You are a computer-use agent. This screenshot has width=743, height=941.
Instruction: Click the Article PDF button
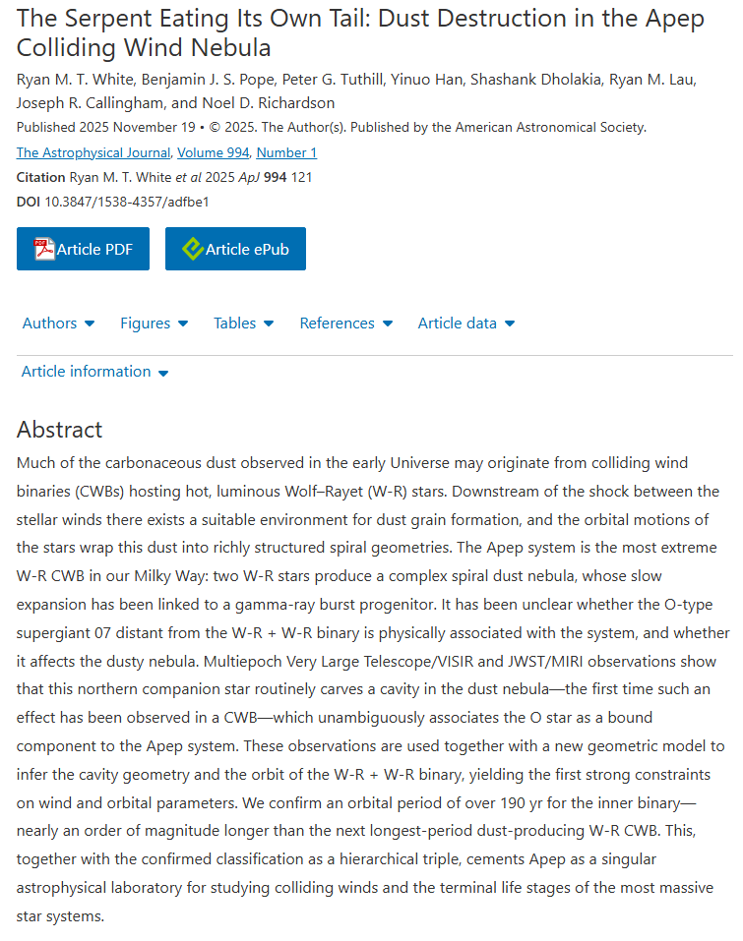pyautogui.click(x=83, y=249)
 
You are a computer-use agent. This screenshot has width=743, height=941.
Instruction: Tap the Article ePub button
pyautogui.click(x=235, y=249)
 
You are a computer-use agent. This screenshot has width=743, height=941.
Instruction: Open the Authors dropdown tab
pyautogui.click(x=58, y=323)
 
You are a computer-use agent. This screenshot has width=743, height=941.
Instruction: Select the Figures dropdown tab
pyautogui.click(x=154, y=323)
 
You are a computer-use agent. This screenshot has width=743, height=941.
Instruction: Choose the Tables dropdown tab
pyautogui.click(x=243, y=323)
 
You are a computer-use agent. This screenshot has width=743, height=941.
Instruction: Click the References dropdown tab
pyautogui.click(x=345, y=323)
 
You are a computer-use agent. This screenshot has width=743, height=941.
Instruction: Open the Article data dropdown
pyautogui.click(x=465, y=323)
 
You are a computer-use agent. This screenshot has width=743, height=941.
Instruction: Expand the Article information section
pyautogui.click(x=94, y=372)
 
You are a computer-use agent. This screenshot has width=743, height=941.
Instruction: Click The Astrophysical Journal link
pyautogui.click(x=94, y=152)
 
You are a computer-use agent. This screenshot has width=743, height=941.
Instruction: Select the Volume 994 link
pyautogui.click(x=214, y=152)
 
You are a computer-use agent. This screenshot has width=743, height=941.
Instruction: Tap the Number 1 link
pyautogui.click(x=286, y=152)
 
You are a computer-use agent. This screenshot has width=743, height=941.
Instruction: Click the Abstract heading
pyautogui.click(x=59, y=430)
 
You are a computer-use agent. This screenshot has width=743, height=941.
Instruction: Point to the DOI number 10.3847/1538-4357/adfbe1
pyautogui.click(x=127, y=202)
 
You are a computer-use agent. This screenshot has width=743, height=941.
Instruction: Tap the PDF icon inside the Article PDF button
pyautogui.click(x=44, y=249)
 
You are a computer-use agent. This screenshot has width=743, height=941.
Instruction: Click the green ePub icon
pyautogui.click(x=193, y=249)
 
